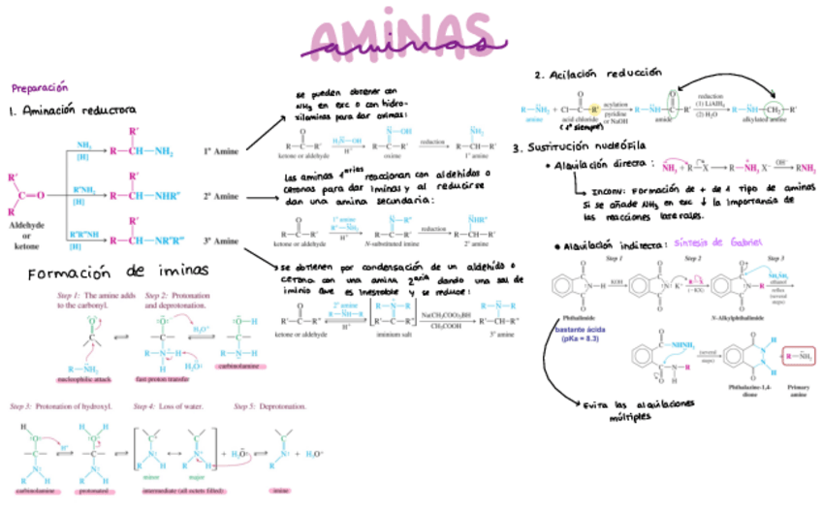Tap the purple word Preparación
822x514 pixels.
pos(40,86)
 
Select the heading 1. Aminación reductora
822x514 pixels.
pos(73,111)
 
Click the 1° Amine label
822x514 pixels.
pos(220,152)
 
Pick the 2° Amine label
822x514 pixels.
pos(220,196)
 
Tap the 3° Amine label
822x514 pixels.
pos(220,240)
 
